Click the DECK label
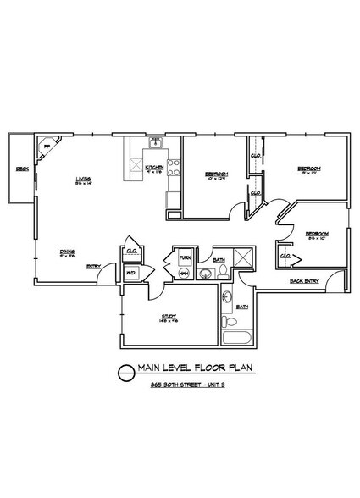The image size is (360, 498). coord(22,169)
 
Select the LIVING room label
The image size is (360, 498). coord(83,178)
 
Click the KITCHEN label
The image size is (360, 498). coord(154,168)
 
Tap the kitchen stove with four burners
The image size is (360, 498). coord(172,167)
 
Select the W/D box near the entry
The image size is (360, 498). coord(131,273)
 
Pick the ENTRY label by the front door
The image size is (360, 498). coord(93,268)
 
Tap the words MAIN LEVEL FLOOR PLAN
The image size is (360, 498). coord(191,368)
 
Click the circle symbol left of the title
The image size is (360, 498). coord(125,370)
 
